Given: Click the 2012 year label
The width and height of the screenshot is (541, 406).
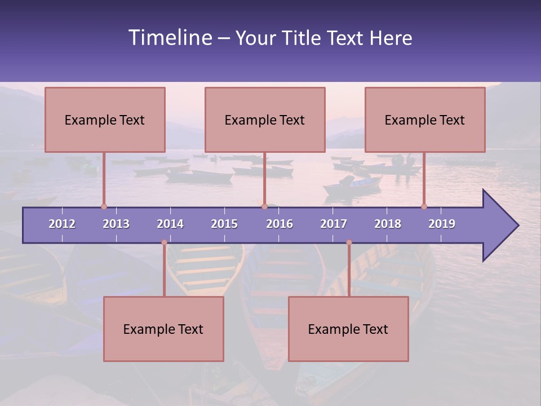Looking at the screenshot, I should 62,224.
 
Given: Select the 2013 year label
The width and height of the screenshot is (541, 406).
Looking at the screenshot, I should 116,224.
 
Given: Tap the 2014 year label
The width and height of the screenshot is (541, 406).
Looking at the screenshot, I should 170,224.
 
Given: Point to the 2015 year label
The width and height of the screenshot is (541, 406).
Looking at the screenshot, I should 224,224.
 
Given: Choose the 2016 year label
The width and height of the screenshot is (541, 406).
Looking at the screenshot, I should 280,224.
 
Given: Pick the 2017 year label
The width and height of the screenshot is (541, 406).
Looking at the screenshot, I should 334,224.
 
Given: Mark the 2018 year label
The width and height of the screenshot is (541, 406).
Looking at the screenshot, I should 388,224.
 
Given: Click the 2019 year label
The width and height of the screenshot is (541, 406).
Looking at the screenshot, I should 442,224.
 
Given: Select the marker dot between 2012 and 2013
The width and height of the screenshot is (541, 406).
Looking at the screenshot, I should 104,207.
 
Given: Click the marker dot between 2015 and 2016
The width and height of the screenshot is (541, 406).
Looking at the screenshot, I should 264,207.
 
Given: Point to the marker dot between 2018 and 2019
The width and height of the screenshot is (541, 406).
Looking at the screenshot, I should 424,207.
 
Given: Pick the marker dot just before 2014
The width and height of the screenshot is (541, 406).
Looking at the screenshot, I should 164,242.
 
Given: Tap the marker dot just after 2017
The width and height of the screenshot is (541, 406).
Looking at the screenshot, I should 349,242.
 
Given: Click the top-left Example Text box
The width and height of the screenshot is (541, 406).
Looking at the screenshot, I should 105,120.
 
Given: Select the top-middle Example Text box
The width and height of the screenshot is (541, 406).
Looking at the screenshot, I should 265,120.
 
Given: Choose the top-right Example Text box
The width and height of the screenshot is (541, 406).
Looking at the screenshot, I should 425,120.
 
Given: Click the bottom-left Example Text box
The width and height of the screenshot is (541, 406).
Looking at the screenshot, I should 163,329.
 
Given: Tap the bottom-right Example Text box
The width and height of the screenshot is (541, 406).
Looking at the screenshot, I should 348,329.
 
